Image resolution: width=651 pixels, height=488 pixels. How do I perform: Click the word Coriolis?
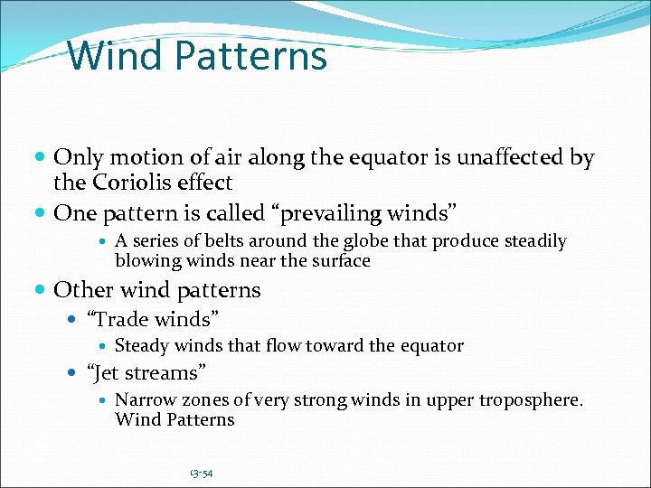[130, 183]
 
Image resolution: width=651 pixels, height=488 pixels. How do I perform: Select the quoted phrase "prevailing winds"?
[365, 213]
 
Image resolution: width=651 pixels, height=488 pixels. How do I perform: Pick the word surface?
[341, 261]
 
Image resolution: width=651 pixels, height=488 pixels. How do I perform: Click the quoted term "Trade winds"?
[153, 318]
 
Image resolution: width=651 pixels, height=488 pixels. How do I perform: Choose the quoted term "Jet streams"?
[146, 372]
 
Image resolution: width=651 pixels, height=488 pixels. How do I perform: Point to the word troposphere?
[530, 399]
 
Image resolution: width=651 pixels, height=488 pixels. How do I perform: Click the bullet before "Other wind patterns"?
[42, 291]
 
